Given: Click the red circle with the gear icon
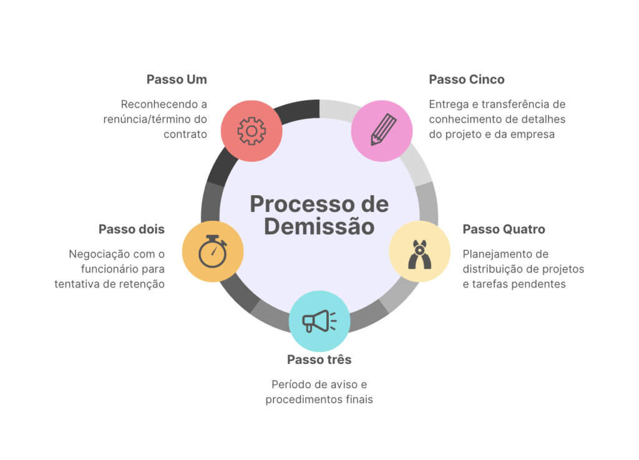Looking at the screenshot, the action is (x=251, y=131).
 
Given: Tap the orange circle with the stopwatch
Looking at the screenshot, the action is (x=213, y=252).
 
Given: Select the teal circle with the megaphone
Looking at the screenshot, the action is (x=319, y=321).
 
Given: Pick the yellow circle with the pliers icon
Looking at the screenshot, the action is (x=420, y=252).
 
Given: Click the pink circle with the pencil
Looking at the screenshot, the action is (x=382, y=131).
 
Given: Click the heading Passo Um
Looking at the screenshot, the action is (x=177, y=79).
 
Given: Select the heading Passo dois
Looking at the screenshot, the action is (x=132, y=229).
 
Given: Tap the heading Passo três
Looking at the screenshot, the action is (x=319, y=360).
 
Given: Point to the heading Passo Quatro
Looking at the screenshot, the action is (x=504, y=229).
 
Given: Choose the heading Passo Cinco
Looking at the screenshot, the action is (x=467, y=79).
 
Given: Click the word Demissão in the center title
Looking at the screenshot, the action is (x=319, y=227).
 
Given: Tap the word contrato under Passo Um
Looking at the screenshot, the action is (x=185, y=135).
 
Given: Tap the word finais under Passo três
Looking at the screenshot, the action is (x=359, y=400).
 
